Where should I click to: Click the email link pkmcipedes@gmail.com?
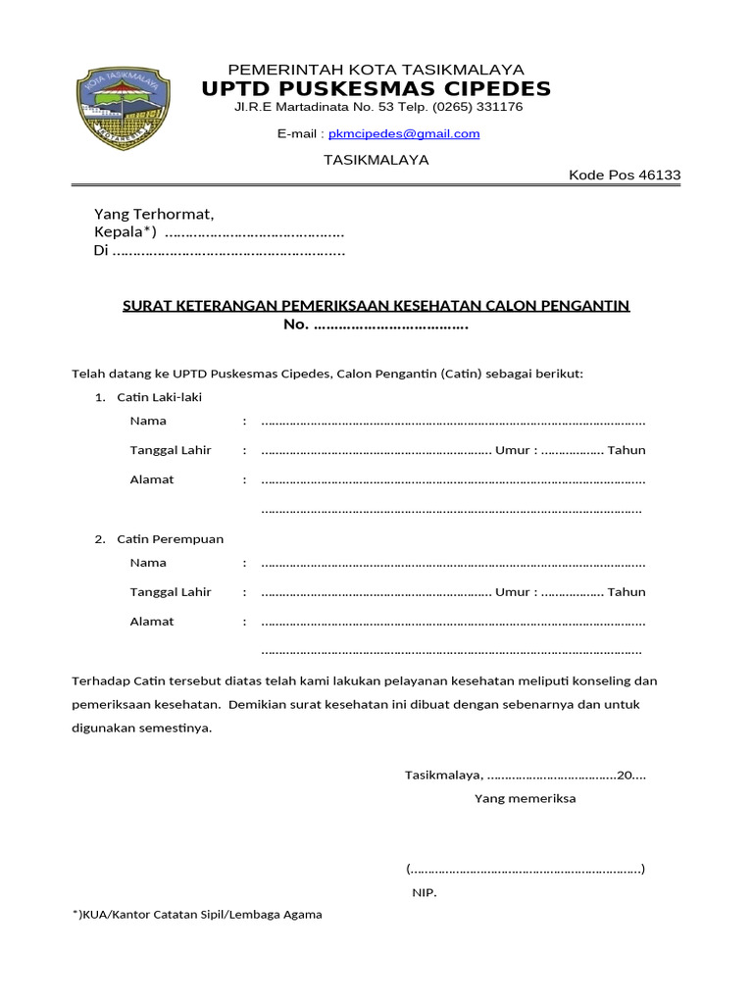404,133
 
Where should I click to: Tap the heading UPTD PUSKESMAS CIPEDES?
376,89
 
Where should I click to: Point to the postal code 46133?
659,176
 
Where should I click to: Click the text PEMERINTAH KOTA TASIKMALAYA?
376,70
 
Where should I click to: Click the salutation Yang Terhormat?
153,214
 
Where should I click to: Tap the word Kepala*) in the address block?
125,232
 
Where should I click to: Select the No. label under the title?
295,325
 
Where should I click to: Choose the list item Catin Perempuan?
170,539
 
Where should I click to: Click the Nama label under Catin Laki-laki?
148,421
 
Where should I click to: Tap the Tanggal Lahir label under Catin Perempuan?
171,591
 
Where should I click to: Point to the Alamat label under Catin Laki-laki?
152,479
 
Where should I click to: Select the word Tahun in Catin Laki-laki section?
627,450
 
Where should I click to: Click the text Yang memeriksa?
525,798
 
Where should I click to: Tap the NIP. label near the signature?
424,893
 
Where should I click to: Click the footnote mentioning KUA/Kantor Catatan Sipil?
197,914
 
